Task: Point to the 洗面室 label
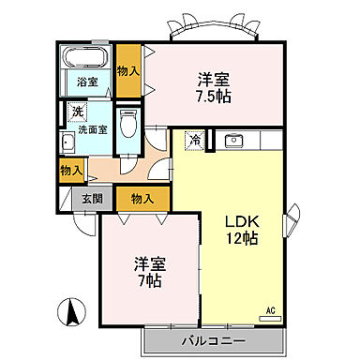[92, 129]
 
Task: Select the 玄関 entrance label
[92, 198]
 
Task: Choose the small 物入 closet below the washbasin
[69, 169]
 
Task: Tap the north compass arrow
[68, 312]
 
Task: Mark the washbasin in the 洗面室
[68, 143]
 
